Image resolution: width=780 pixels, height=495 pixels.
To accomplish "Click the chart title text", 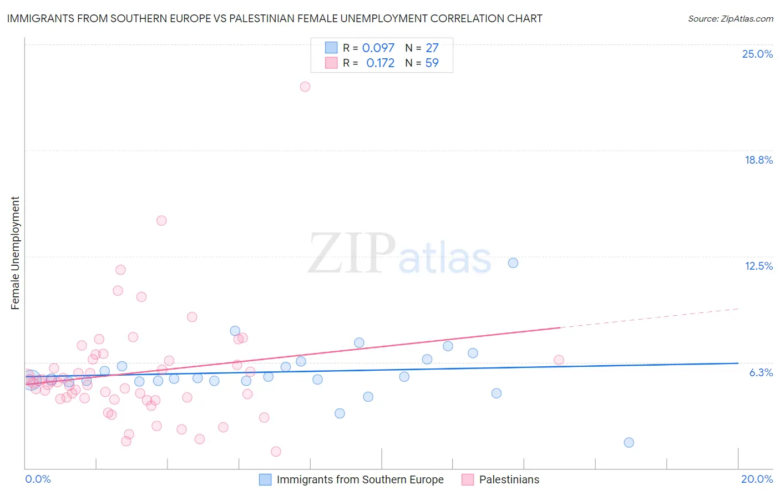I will tap(275, 18).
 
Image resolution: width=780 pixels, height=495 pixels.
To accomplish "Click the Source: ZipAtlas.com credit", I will tap(730, 19).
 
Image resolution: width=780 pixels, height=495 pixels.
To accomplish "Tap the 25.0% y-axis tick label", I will tap(757, 54).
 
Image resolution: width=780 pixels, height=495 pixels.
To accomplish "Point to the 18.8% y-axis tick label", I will tap(758, 160).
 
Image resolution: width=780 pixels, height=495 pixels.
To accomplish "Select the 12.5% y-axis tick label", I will tap(758, 266).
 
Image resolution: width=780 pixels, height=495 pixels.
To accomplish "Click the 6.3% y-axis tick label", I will tap(761, 372).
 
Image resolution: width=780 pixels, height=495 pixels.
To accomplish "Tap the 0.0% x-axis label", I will tap(38, 479).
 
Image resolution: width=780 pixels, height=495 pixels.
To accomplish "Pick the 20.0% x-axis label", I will tap(757, 479).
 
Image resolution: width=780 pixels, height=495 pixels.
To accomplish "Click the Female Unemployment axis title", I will tap(15, 253).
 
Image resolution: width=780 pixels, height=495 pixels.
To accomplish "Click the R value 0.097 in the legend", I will tap(378, 48).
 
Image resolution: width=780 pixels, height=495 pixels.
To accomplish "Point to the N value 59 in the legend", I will tap(432, 63).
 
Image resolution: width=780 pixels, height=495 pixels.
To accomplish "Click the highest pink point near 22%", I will tap(305, 87).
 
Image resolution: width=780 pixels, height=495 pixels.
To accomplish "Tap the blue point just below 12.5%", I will tap(513, 263).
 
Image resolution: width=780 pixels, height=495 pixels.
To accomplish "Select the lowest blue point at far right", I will tap(629, 442).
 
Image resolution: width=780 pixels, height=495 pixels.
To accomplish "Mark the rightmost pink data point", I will tap(559, 360).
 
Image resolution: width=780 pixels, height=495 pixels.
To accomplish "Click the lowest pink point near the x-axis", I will tap(276, 452).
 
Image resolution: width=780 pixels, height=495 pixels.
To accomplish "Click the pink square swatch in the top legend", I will tap(331, 63).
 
